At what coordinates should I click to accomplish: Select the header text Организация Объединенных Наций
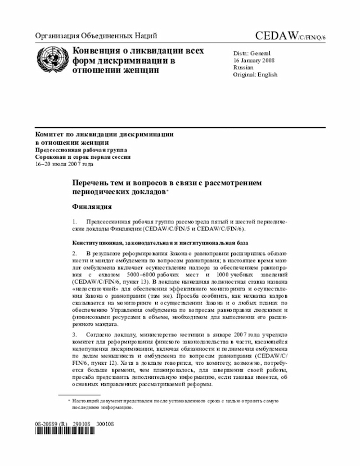(x=96, y=36)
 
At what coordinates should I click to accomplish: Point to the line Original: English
(x=255, y=74)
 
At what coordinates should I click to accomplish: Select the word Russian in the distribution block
(x=243, y=67)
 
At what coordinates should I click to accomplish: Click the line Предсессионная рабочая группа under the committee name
(x=82, y=150)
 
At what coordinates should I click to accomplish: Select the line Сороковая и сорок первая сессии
(x=83, y=158)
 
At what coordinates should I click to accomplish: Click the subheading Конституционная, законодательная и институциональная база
(x=159, y=243)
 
